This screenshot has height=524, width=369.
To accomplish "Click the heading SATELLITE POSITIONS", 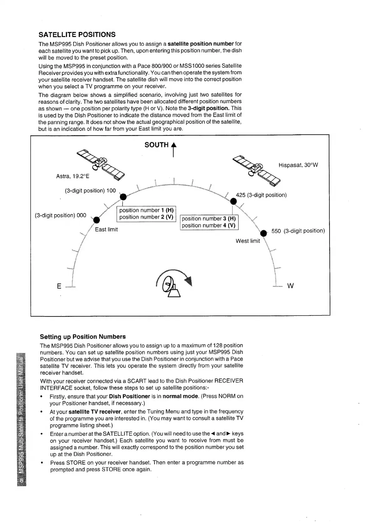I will pos(77,34).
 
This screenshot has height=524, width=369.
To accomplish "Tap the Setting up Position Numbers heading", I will pos(83,337).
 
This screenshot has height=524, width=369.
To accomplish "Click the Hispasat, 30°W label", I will pos(298,165).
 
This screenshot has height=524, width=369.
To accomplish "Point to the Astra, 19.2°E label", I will pos(73,176).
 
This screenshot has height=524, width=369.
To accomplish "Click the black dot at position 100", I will pos(123,197).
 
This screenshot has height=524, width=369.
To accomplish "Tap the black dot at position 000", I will pos(97,219).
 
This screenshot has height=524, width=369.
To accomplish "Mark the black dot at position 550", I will pos(264,233).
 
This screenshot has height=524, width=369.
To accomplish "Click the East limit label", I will pos(106,229).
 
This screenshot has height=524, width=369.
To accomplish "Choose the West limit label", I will pos(248,241).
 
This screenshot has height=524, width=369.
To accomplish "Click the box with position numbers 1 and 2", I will pos(146,214).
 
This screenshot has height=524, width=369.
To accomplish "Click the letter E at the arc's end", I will pos(59,286).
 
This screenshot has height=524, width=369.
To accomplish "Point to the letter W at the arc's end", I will pos(290,286).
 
